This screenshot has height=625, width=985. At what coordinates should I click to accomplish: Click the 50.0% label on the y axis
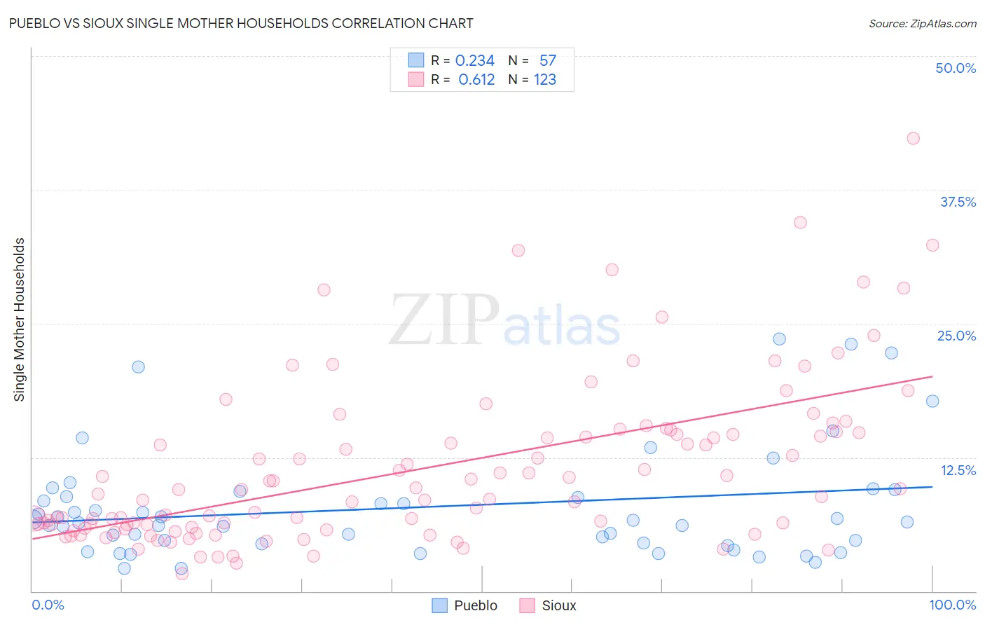pos(956,68)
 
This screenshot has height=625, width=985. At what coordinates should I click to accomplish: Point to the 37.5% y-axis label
pos(958,202)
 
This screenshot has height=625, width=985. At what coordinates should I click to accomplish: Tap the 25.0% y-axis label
pos(956,336)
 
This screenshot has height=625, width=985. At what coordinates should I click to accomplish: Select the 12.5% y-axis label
pos(958,470)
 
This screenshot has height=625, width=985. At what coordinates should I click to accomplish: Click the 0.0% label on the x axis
pos(48,605)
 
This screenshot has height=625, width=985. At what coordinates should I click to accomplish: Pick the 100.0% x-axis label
pos(952,605)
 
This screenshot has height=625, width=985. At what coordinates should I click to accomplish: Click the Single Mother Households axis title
pos(19,320)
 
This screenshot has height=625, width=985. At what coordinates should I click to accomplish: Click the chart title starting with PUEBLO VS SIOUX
pos(241,23)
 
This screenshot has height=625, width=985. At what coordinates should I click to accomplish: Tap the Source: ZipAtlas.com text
pos(922,23)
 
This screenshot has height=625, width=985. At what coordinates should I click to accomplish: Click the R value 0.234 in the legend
pos(474,61)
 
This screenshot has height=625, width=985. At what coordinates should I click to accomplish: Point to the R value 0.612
pos(476,80)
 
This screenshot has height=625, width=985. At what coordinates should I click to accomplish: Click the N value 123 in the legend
pos(545,80)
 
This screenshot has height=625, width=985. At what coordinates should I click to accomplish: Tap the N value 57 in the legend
pos(547,61)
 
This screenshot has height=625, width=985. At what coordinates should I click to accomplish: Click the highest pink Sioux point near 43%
pos(913,138)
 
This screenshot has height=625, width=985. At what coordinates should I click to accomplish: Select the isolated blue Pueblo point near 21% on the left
pos(138,366)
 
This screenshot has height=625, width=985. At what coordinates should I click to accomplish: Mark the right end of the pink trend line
pos(932,376)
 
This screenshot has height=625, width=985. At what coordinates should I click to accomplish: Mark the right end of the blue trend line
pos(932,486)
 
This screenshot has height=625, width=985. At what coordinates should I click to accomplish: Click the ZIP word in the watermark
pos(443,320)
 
